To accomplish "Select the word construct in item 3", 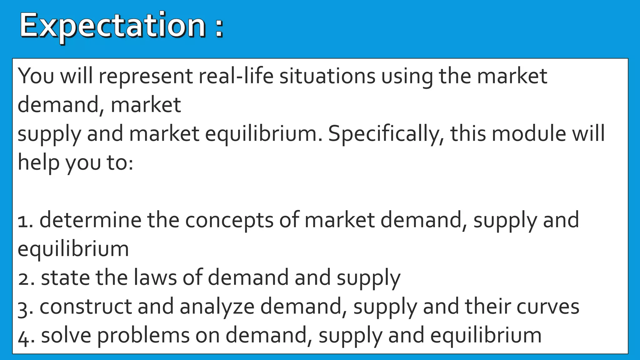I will (86, 307).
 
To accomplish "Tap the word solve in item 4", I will (66, 335).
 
